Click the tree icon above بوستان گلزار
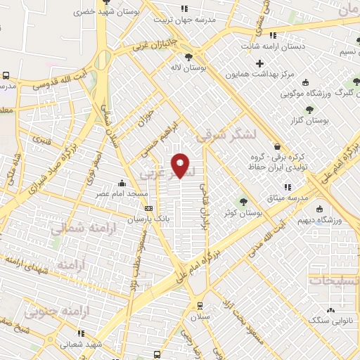309,109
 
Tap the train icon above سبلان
200,306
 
